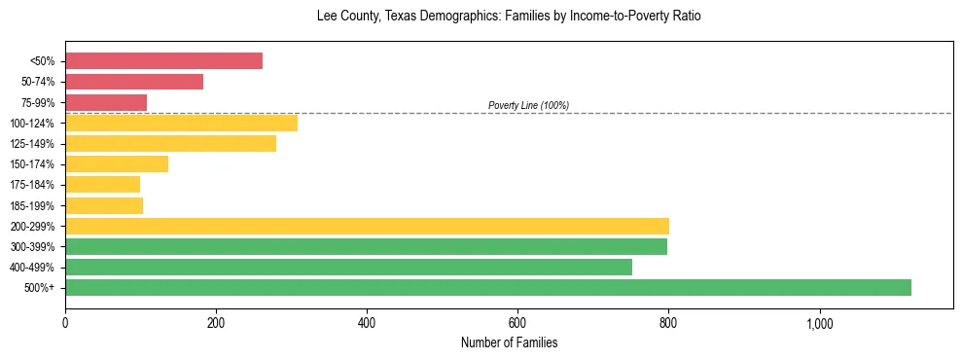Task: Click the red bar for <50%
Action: coord(163,61)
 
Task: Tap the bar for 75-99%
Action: coord(106,102)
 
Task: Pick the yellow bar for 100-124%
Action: coord(181,123)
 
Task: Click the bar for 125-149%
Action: coord(170,143)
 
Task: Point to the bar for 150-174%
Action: coord(117,163)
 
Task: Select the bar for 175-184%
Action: coord(102,185)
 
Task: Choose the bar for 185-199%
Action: coord(104,205)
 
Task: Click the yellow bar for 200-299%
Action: coord(367,226)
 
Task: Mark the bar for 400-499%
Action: coord(348,267)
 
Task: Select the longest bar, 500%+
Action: coord(488,287)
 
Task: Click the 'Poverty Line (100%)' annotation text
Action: coord(528,105)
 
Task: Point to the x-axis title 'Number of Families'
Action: coord(509,343)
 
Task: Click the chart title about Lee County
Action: coord(509,17)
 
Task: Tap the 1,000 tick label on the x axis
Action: coord(819,323)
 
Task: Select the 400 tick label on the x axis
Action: coord(367,323)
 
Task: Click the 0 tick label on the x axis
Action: coord(65,323)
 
